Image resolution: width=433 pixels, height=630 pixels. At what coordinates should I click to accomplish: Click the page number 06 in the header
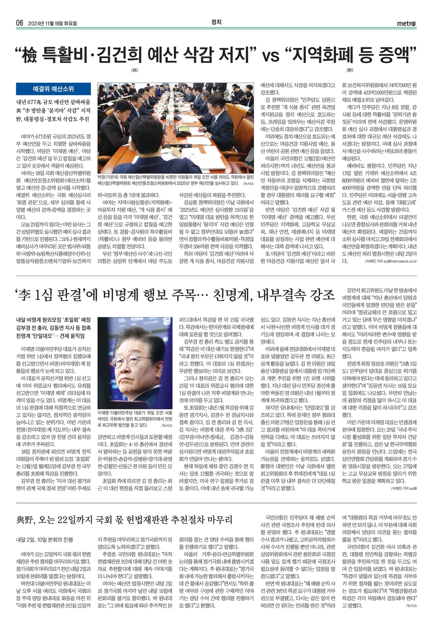[x=19, y=23]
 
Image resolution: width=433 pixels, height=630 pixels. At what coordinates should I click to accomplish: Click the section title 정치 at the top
[x=216, y=22]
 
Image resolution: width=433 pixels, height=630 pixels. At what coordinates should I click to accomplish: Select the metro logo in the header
[x=406, y=23]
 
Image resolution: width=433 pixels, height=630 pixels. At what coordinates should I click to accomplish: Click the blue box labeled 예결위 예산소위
[x=53, y=89]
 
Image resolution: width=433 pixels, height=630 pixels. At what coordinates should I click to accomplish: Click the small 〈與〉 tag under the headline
[x=135, y=70]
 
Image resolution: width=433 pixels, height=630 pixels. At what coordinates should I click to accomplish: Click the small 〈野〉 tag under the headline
[x=349, y=70]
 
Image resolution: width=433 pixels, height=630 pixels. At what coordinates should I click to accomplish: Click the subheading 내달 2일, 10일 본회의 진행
[x=44, y=540]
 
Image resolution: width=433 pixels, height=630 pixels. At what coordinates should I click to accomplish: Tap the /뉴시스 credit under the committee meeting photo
[x=249, y=184]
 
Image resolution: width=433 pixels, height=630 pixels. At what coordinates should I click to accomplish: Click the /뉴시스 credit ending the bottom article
[x=411, y=605]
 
